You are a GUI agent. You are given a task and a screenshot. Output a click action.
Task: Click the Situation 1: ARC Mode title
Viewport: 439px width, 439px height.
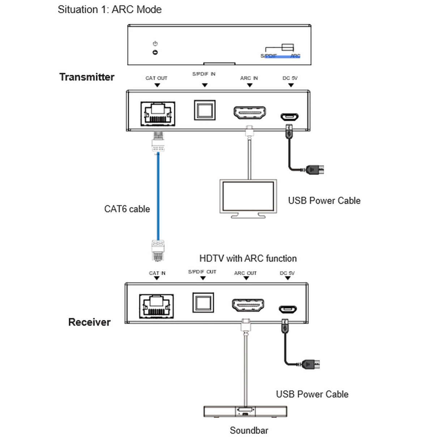pyautogui.click(x=110, y=9)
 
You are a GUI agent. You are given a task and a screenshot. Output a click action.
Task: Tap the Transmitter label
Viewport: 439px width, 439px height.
pyautogui.click(x=87, y=77)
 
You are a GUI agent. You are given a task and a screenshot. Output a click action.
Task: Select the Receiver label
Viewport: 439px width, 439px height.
pyautogui.click(x=89, y=322)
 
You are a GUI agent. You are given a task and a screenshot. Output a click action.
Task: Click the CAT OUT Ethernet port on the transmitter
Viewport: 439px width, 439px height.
pyautogui.click(x=158, y=114)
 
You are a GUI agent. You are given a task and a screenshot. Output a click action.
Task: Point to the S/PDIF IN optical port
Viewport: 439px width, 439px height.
pyautogui.click(x=205, y=110)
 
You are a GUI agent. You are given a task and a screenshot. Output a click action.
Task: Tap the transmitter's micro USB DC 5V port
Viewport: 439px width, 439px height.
pyautogui.click(x=289, y=117)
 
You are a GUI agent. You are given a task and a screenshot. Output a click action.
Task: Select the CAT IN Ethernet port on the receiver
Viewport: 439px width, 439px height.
pyautogui.click(x=156, y=306)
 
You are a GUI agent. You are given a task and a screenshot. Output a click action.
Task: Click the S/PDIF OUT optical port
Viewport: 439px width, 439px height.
pyautogui.click(x=203, y=302)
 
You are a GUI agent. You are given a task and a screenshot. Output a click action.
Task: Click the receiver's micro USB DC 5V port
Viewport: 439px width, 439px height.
pyautogui.click(x=287, y=309)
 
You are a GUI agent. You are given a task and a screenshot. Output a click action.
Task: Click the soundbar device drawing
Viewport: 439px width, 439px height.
pyautogui.click(x=246, y=412)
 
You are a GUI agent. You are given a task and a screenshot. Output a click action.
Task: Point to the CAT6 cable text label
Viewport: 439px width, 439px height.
pyautogui.click(x=127, y=209)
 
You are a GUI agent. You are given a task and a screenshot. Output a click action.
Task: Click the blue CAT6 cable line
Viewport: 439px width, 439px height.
pyautogui.click(x=158, y=195)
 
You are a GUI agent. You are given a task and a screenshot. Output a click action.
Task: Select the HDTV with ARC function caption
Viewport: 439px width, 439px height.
pyautogui.click(x=248, y=259)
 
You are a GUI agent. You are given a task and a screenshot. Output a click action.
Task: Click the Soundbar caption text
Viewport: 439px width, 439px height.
pyautogui.click(x=249, y=430)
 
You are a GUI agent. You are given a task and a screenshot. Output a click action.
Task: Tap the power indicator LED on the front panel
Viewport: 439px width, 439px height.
pyautogui.click(x=155, y=52)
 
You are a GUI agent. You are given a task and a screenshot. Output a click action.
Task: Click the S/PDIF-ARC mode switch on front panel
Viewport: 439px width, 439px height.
pyautogui.click(x=288, y=47)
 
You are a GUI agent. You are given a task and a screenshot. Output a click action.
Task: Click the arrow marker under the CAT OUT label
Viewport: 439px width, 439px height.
pyautogui.click(x=157, y=85)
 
